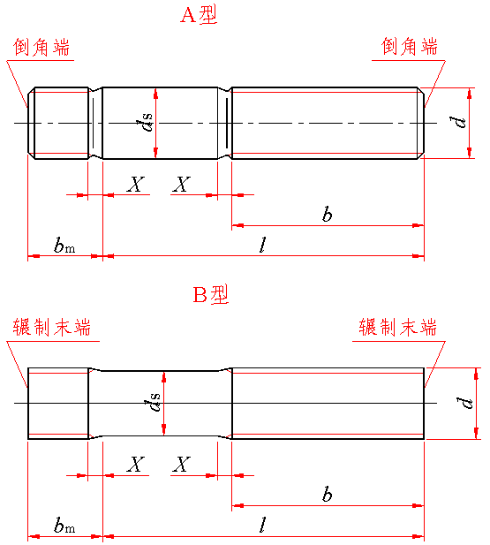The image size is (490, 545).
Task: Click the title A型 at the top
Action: click(x=199, y=14)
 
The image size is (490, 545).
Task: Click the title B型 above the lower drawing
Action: click(x=211, y=294)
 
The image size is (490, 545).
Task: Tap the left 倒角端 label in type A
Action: click(x=41, y=47)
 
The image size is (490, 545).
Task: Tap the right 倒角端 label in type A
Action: click(x=410, y=46)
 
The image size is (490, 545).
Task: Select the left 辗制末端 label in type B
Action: click(x=52, y=327)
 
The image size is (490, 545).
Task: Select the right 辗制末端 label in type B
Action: click(x=397, y=327)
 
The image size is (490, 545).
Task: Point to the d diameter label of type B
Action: click(x=465, y=403)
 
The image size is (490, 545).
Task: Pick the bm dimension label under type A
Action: click(x=64, y=245)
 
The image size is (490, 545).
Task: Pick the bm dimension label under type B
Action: click(x=64, y=525)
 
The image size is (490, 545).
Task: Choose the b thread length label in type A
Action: click(x=327, y=214)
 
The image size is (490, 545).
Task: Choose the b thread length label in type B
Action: click(x=327, y=494)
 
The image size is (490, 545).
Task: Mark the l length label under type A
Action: click(x=263, y=245)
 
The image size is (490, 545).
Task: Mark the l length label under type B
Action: click(x=263, y=525)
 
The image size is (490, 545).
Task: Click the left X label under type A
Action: click(x=136, y=185)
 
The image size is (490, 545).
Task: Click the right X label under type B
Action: click(x=181, y=465)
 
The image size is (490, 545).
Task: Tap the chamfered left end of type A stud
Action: click(x=31, y=123)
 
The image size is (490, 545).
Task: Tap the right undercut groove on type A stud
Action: click(x=225, y=123)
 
